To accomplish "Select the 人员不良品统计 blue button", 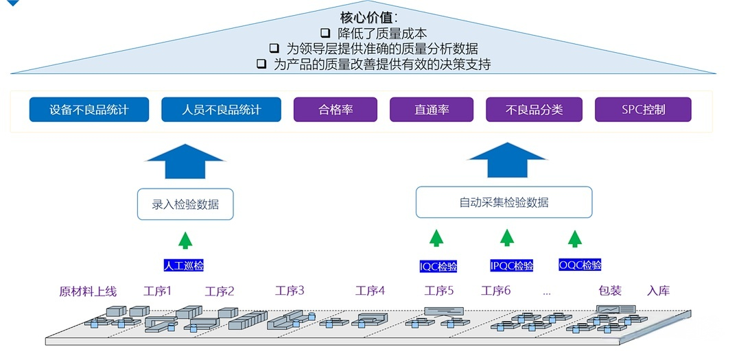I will click(x=221, y=110).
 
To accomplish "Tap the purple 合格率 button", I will click(x=336, y=110).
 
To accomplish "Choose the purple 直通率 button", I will click(x=432, y=110).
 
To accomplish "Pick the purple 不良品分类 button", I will click(x=534, y=110).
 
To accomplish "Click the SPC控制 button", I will click(x=643, y=110).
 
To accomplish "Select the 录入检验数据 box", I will click(x=185, y=204).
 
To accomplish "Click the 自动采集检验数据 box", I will click(x=504, y=202).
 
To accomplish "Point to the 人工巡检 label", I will click(x=184, y=265).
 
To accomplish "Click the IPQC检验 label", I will click(x=511, y=265).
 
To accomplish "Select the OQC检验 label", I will click(x=580, y=265).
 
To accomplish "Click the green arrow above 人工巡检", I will click(x=185, y=239).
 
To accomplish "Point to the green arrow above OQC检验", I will click(x=575, y=238).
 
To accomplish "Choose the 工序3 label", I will click(x=290, y=291).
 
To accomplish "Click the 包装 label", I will click(x=609, y=291).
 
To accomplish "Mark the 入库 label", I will click(x=658, y=291).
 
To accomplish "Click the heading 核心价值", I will click(x=369, y=17).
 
